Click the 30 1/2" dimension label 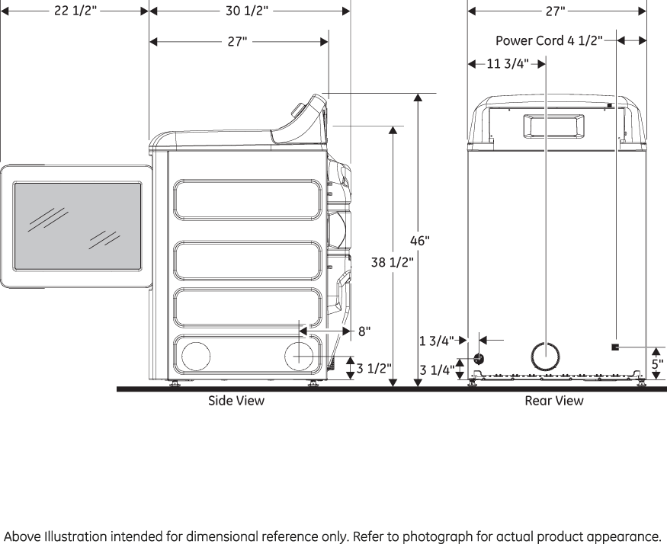tap(247, 11)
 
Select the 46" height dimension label tap(420, 241)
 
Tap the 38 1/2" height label tap(392, 262)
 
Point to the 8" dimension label tap(364, 331)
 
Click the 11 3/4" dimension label tap(508, 64)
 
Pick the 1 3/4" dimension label tap(436, 341)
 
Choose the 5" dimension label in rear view tap(657, 363)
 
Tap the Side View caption tap(236, 400)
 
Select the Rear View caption tap(554, 400)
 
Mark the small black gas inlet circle tap(479, 358)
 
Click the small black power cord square tap(614, 347)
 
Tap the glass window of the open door tap(77, 226)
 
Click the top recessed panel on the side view tap(248, 200)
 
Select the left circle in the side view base tap(195, 356)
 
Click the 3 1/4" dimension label tap(437, 371)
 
